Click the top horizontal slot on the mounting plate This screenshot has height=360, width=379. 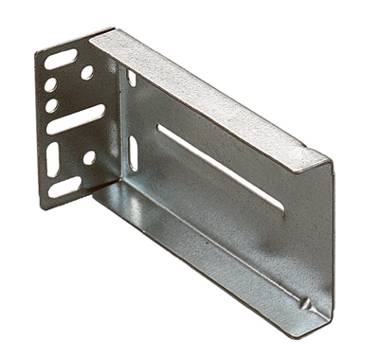(x=61, y=59)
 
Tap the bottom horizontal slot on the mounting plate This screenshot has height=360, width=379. (x=64, y=187)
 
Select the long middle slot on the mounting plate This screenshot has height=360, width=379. (x=75, y=119)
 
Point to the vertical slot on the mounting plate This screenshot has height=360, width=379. (x=53, y=157)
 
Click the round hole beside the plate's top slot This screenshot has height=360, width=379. (x=87, y=72)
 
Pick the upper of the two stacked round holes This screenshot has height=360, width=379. (x=51, y=85)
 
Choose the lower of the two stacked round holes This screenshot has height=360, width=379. (x=52, y=105)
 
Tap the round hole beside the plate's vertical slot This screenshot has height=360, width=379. (x=89, y=157)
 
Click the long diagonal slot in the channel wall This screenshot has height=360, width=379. (x=220, y=167)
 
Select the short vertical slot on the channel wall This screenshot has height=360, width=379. (x=133, y=153)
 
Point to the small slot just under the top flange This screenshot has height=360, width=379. (x=132, y=80)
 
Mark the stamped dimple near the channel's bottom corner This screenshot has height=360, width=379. (x=305, y=304)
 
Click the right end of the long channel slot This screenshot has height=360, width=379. (x=280, y=206)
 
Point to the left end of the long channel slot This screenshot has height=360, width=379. (x=160, y=128)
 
